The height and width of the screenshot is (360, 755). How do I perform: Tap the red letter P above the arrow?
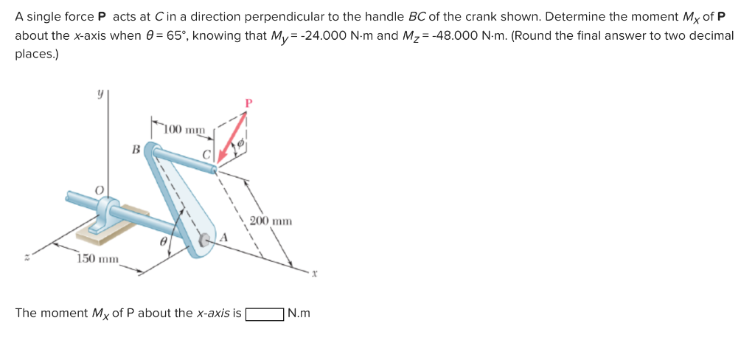(x=248, y=103)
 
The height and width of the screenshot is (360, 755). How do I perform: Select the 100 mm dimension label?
(x=184, y=130)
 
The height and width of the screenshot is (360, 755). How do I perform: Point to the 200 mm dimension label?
(x=271, y=221)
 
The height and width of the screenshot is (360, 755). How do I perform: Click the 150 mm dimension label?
(x=98, y=258)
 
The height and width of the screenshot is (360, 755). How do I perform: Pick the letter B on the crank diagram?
(x=136, y=150)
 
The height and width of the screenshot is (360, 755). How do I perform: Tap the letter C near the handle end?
(x=207, y=155)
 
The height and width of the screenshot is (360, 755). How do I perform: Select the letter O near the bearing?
(x=97, y=190)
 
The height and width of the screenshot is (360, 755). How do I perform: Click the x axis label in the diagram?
(x=313, y=273)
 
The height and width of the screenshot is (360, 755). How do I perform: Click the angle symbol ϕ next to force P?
(x=240, y=147)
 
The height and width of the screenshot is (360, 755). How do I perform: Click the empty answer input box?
(x=265, y=314)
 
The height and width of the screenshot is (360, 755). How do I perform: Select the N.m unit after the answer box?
(x=299, y=314)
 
